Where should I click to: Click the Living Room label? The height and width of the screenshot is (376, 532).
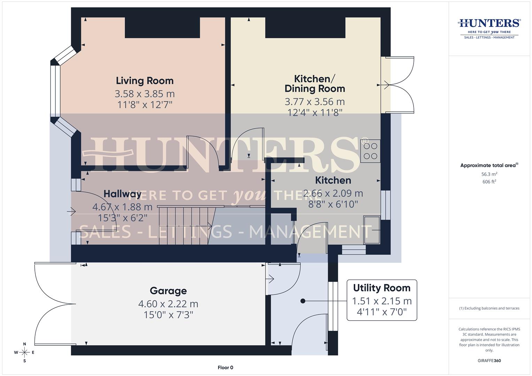click(x=145, y=81)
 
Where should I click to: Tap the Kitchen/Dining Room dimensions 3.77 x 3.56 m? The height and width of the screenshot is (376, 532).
click(x=315, y=102)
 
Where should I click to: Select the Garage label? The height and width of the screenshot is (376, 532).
click(x=168, y=291)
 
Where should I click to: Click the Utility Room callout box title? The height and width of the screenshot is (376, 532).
click(x=381, y=288)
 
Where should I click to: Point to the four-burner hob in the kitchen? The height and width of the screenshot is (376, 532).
click(x=370, y=151)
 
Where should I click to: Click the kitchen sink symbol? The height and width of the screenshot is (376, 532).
click(x=372, y=230)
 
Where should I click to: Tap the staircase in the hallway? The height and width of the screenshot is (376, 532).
click(x=185, y=226)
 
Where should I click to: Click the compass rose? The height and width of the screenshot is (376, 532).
click(x=24, y=352)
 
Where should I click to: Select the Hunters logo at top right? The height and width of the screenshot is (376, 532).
click(x=489, y=28)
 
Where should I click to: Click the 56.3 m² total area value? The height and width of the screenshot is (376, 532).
click(x=489, y=174)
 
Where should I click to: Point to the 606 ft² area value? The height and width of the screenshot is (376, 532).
click(x=489, y=182)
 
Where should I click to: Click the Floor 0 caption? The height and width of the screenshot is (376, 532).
click(x=225, y=368)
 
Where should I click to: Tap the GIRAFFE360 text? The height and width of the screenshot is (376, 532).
click(x=489, y=361)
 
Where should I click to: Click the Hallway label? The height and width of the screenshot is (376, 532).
click(x=122, y=194)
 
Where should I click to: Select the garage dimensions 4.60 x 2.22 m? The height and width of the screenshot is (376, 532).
click(x=168, y=304)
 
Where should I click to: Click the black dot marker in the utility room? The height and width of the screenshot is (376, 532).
click(x=303, y=301)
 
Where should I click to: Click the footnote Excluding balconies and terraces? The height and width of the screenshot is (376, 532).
click(x=489, y=308)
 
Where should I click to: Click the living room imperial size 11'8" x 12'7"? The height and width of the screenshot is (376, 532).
click(x=145, y=104)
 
